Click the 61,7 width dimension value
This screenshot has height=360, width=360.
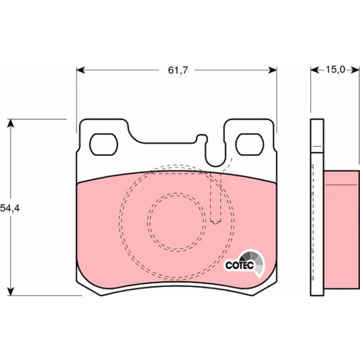click(178, 70)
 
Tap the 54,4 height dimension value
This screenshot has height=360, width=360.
click(10, 208)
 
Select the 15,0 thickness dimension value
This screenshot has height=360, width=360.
click(335, 69)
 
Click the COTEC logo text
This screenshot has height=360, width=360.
click(239, 266)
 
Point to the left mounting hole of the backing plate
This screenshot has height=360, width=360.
click(103, 144)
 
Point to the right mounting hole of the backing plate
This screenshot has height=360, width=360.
click(250, 144)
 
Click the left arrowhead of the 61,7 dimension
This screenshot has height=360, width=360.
click(80, 70)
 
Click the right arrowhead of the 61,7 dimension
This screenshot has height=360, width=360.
click(273, 70)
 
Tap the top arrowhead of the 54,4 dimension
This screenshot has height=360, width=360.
click(11, 123)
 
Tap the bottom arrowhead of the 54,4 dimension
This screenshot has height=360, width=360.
click(11, 291)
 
